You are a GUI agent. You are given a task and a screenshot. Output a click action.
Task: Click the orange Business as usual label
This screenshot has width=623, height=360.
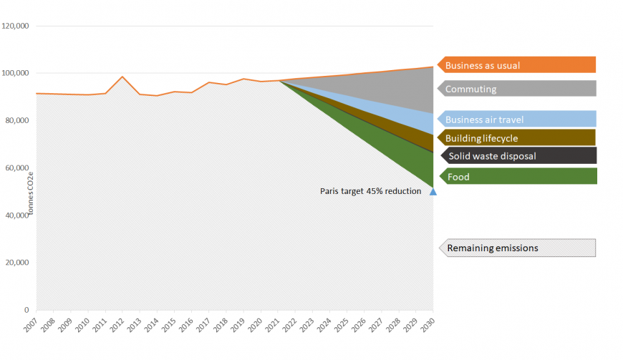(516, 65)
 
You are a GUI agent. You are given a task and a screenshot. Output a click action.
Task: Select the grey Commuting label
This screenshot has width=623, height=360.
(516, 89)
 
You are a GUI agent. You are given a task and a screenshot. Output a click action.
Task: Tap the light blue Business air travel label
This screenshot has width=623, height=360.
(516, 120)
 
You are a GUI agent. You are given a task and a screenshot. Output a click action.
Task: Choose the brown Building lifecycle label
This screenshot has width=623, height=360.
(516, 137)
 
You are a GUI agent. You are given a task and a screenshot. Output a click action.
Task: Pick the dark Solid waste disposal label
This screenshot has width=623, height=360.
(516, 156)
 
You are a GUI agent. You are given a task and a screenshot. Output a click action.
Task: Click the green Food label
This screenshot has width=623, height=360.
(516, 176)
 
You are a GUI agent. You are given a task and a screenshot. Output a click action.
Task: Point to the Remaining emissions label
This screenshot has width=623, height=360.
(516, 248)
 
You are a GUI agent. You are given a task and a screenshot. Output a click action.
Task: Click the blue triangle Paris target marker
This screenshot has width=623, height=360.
(433, 191)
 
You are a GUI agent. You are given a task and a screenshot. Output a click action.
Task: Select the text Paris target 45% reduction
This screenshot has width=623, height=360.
(370, 191)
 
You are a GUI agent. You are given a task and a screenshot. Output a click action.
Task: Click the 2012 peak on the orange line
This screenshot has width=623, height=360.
(122, 77)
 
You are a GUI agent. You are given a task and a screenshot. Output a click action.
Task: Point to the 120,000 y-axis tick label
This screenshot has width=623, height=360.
(15, 26)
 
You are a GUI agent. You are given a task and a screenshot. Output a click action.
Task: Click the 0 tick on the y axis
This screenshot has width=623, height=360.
(26, 310)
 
